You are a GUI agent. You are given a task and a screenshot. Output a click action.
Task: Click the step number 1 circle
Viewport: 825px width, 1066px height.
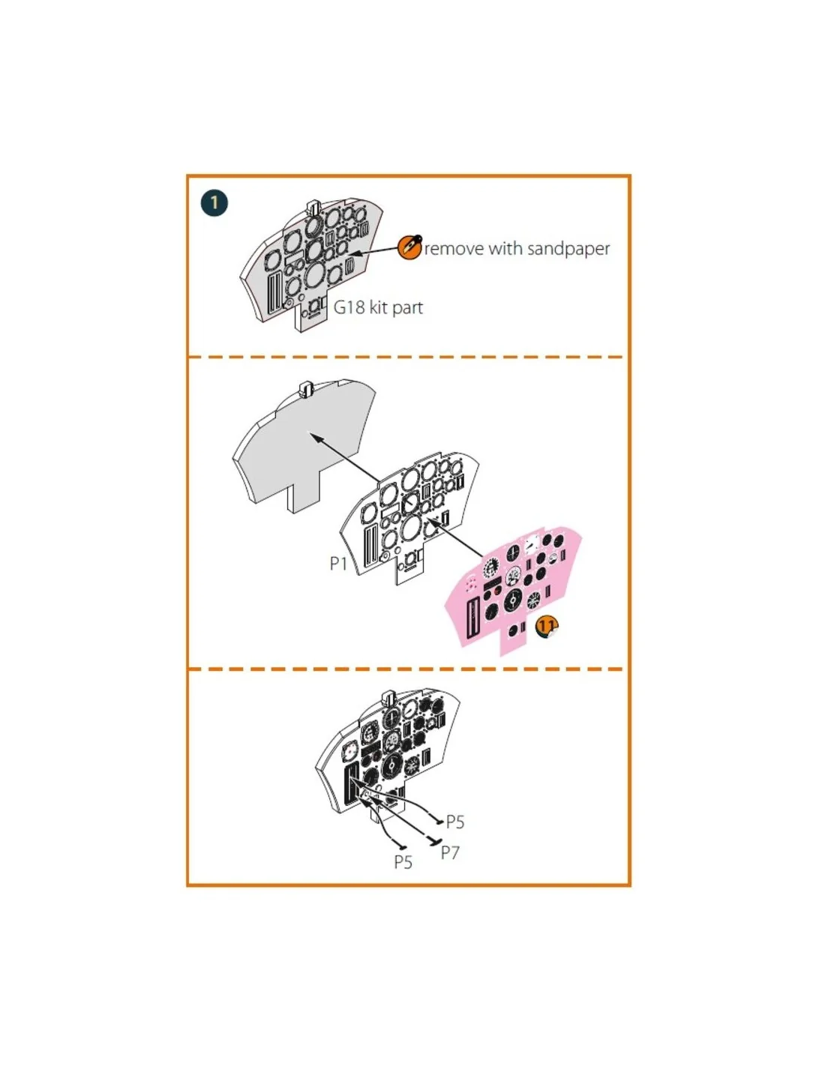[214, 202]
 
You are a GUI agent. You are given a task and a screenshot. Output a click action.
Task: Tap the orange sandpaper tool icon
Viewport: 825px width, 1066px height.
[408, 247]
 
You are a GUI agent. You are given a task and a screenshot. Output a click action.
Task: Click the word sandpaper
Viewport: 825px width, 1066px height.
[568, 249]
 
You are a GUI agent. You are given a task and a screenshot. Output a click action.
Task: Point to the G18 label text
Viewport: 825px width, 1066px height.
[349, 307]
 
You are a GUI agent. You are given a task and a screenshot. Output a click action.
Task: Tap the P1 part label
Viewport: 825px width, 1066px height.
[338, 564]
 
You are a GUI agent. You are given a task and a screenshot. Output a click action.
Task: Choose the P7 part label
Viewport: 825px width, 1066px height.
[449, 852]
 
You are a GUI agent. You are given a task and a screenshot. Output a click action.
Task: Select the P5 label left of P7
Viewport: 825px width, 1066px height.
[403, 862]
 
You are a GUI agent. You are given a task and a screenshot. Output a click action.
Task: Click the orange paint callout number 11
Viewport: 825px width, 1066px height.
[546, 627]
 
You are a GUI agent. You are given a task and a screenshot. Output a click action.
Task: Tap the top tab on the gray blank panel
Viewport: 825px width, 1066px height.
[306, 391]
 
